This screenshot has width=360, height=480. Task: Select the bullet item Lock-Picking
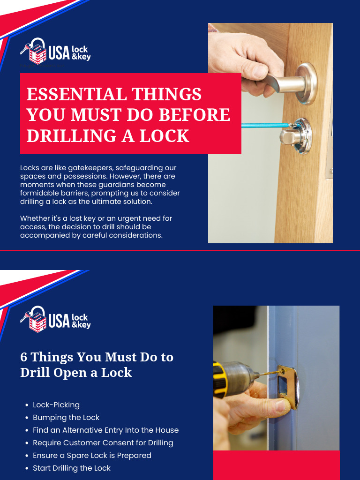tap(56, 405)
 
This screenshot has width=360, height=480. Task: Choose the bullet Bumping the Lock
tap(66, 417)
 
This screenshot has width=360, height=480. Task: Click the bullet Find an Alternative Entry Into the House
tap(105, 430)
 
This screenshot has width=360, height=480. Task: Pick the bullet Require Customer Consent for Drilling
tap(103, 442)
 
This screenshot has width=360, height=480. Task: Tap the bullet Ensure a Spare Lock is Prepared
tap(92, 455)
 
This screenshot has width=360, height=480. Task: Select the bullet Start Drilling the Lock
tap(72, 468)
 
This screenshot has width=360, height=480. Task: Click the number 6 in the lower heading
tap(23, 357)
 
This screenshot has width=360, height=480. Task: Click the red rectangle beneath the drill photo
tap(276, 465)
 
